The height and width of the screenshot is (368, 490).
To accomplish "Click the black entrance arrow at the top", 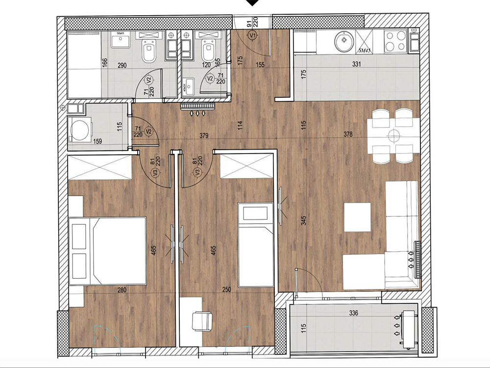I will pos(253,3).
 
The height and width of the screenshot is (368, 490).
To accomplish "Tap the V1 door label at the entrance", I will pos(253,35).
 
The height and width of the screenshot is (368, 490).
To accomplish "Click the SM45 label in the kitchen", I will pos(364,50).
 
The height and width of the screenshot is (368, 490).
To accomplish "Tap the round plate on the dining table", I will pos(394,135).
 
